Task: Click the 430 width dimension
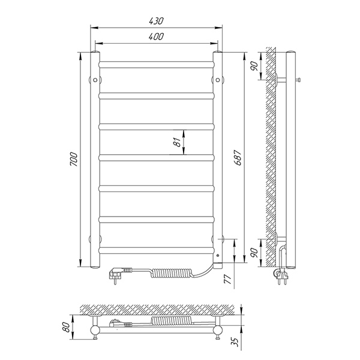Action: click(x=156, y=21)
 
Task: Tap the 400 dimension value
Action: click(x=156, y=37)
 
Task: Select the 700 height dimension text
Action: click(x=74, y=159)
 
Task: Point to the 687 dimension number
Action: click(x=238, y=158)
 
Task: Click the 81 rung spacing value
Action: click(x=177, y=142)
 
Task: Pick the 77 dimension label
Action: click(x=228, y=279)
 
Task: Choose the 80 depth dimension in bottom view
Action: click(x=66, y=327)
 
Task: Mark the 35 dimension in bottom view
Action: click(x=235, y=342)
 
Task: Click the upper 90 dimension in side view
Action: click(x=254, y=66)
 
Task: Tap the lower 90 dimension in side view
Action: click(x=254, y=253)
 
